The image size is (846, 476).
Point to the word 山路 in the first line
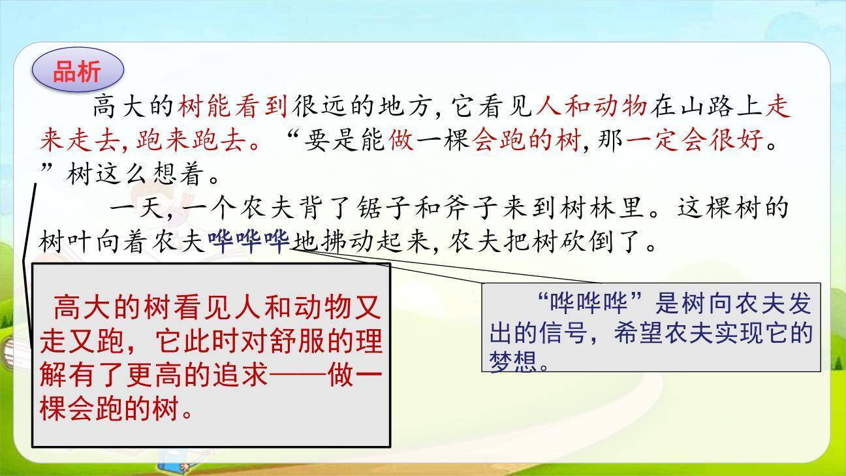pos(709,106)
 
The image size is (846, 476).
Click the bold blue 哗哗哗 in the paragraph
pos(249,243)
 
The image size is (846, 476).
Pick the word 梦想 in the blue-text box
pos(511,361)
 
